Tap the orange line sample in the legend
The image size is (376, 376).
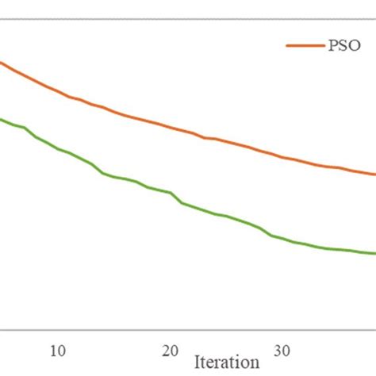tap(302, 46)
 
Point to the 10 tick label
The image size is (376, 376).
tap(57, 350)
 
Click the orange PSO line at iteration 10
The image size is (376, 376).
tap(57, 90)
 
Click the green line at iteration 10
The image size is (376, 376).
tap(57, 148)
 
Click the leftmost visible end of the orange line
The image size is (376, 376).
tap(1, 62)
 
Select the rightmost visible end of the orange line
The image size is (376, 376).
tap(374, 175)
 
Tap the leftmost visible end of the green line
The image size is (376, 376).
tap(1, 119)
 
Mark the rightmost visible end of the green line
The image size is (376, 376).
tap(374, 254)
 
